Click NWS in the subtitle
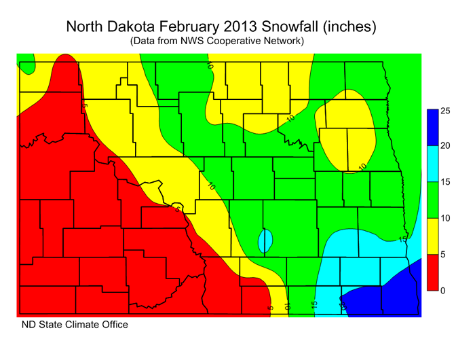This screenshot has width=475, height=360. tap(200, 41)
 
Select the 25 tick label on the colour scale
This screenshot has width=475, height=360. tap(446, 110)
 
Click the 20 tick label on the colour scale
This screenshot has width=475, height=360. tap(446, 146)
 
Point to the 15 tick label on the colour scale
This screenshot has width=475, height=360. tap(446, 182)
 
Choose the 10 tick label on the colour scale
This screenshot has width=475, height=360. tap(446, 218)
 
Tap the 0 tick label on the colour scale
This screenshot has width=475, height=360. tap(443, 291)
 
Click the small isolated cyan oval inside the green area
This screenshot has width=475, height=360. tap(265, 240)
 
